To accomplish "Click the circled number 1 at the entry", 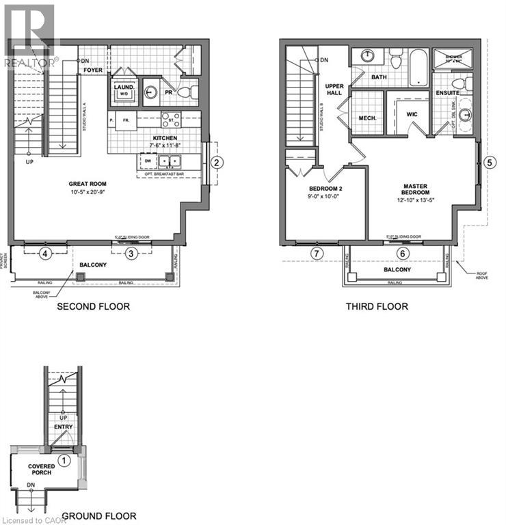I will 63,460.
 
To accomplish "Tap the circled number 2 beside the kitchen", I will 216,162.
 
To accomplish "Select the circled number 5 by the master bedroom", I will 490,162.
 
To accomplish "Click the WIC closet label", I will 412,115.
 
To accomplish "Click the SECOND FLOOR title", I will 93,306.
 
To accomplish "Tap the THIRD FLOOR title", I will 377,306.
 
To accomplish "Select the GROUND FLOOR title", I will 99,516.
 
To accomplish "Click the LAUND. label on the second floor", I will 124,87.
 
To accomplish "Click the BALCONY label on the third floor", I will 397,269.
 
